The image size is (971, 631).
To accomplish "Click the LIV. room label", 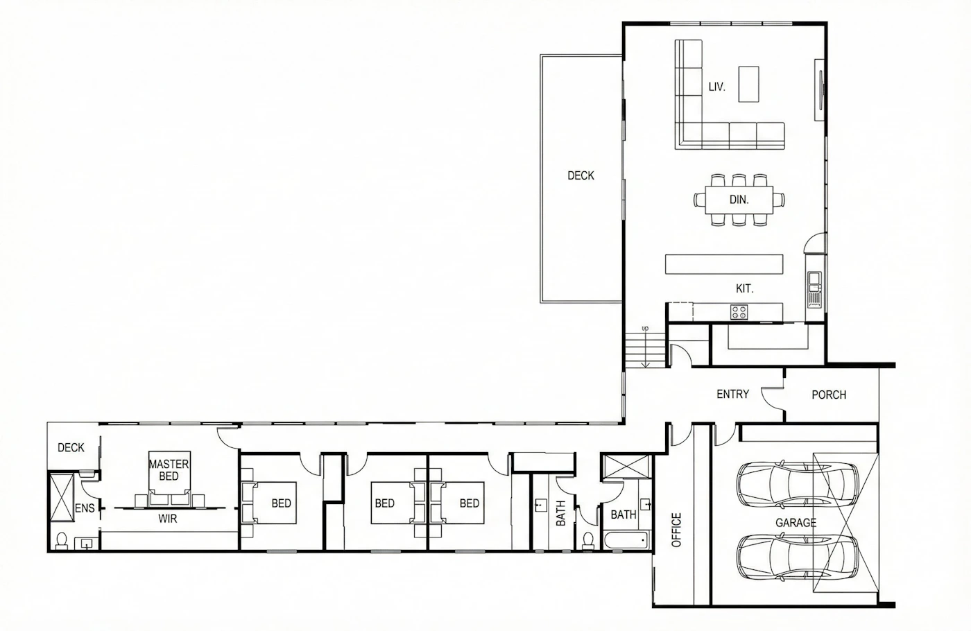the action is pos(717,87).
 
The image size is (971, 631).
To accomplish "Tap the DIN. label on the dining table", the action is pos(739,200).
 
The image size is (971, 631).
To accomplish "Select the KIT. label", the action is pos(745,288).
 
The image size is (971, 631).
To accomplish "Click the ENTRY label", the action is pos(732,394).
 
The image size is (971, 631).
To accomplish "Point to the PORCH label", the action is pos(829,395).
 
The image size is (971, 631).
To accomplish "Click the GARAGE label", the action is pos(796,523).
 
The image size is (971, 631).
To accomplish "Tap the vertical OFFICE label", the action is pos(676,530).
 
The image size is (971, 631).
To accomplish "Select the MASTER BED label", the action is pos(169,470).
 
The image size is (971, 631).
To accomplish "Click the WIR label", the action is pos(167,519).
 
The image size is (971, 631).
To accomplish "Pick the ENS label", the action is pos(85,508).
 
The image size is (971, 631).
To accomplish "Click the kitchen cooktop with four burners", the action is pos(739,312).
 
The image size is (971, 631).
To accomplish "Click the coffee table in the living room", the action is pos(748,84).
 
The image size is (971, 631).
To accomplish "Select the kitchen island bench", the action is pos(724,264).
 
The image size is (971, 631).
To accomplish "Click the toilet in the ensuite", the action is pos(62,541).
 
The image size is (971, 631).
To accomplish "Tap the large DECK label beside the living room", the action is pos(581,175).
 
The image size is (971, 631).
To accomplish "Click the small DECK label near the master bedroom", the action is pos(71,448).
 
